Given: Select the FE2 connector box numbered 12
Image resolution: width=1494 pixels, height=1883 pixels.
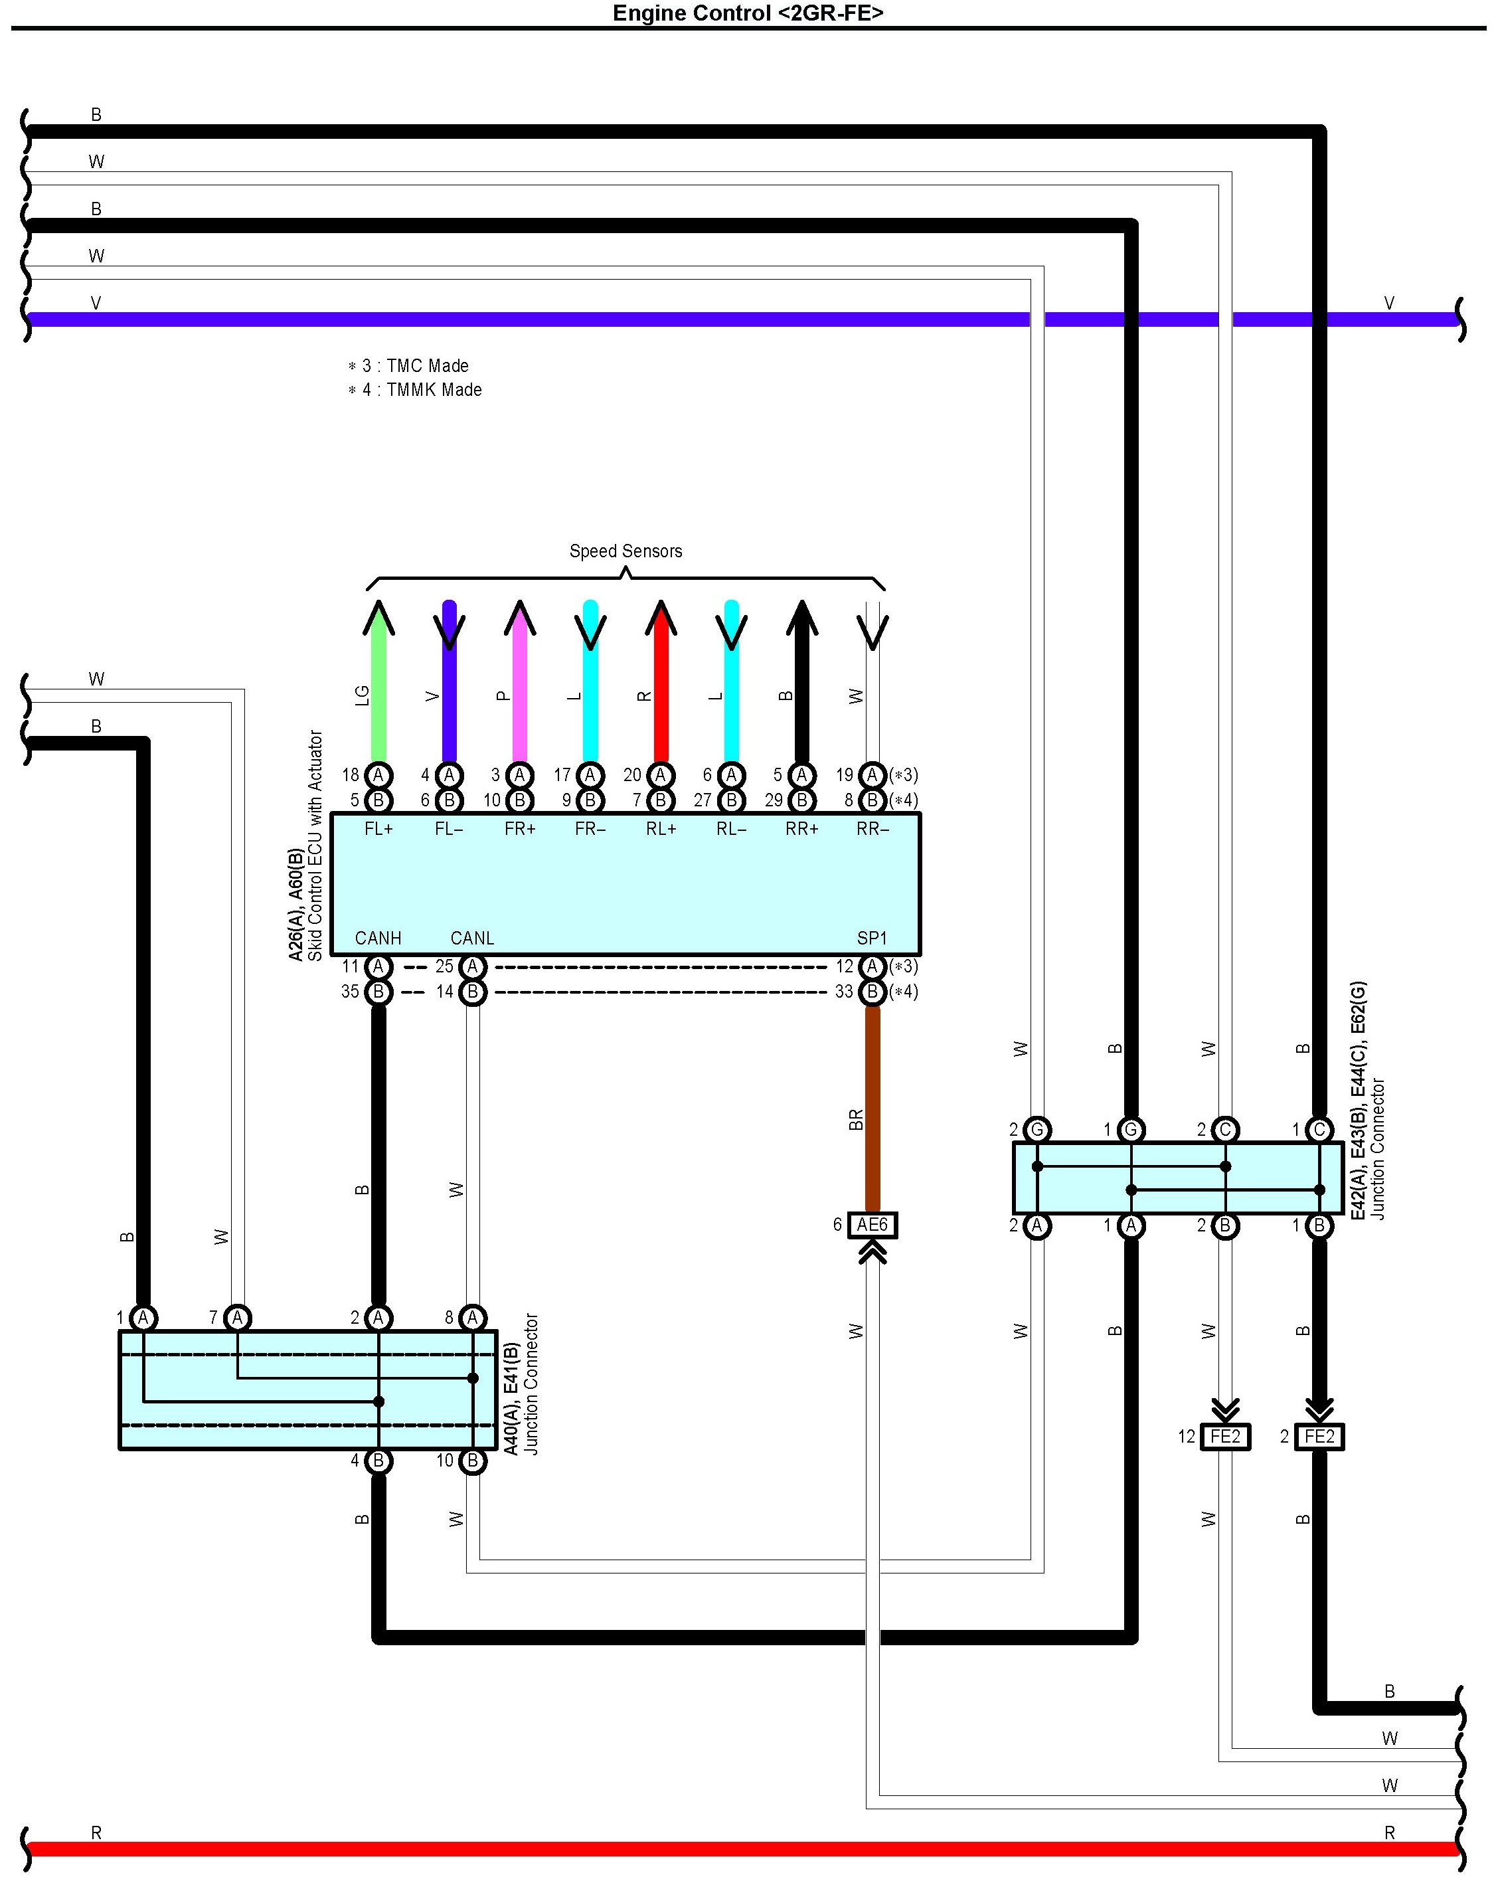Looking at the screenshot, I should (1225, 1436).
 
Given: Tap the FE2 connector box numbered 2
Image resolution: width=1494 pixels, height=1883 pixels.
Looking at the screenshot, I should (1319, 1436).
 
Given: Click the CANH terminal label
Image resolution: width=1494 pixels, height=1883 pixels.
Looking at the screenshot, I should (378, 938).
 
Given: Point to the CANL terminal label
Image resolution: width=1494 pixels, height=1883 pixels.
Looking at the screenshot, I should (472, 938).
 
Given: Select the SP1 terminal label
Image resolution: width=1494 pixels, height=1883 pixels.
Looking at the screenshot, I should (871, 938).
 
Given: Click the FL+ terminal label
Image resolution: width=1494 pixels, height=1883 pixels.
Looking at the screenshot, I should (378, 829).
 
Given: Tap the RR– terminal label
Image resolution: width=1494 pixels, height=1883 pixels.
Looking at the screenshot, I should (871, 829).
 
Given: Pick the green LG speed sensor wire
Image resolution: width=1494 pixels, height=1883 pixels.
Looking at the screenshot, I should (378, 690).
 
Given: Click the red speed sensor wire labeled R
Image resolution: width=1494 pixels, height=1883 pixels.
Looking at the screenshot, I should (661, 690).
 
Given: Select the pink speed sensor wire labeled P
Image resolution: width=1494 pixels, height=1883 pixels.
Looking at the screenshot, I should (519, 690).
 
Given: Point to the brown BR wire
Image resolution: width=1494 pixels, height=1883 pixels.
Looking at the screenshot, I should (871, 1109).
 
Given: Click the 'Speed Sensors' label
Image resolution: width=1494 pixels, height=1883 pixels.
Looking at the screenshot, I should (625, 551).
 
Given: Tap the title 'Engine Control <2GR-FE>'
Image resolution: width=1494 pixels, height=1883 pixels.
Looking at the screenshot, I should (748, 13).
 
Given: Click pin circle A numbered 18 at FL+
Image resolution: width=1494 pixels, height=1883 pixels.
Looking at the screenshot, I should (378, 774).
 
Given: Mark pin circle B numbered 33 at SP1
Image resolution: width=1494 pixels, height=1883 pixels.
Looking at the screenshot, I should (871, 992).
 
